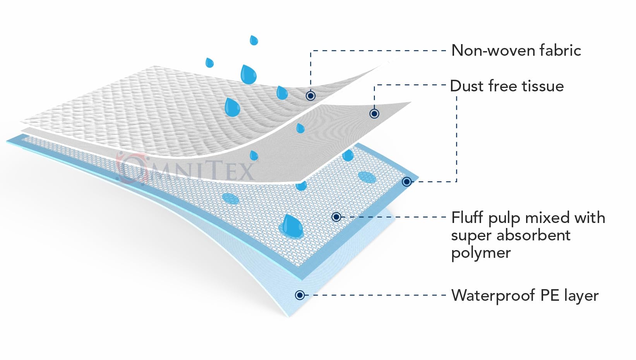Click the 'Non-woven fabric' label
click(x=516, y=51)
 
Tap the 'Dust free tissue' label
click(x=507, y=86)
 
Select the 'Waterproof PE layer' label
click(x=525, y=296)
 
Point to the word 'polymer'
click(x=481, y=252)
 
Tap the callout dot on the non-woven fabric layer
click(x=310, y=96)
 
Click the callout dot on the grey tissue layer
click(x=374, y=114)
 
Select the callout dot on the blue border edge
click(x=406, y=182)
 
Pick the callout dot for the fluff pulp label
click(x=336, y=217)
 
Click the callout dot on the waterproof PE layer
click(x=300, y=295)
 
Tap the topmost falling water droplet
click(x=254, y=40)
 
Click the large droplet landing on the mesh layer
click(x=292, y=226)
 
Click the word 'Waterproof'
click(x=493, y=296)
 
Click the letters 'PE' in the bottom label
click(x=550, y=295)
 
